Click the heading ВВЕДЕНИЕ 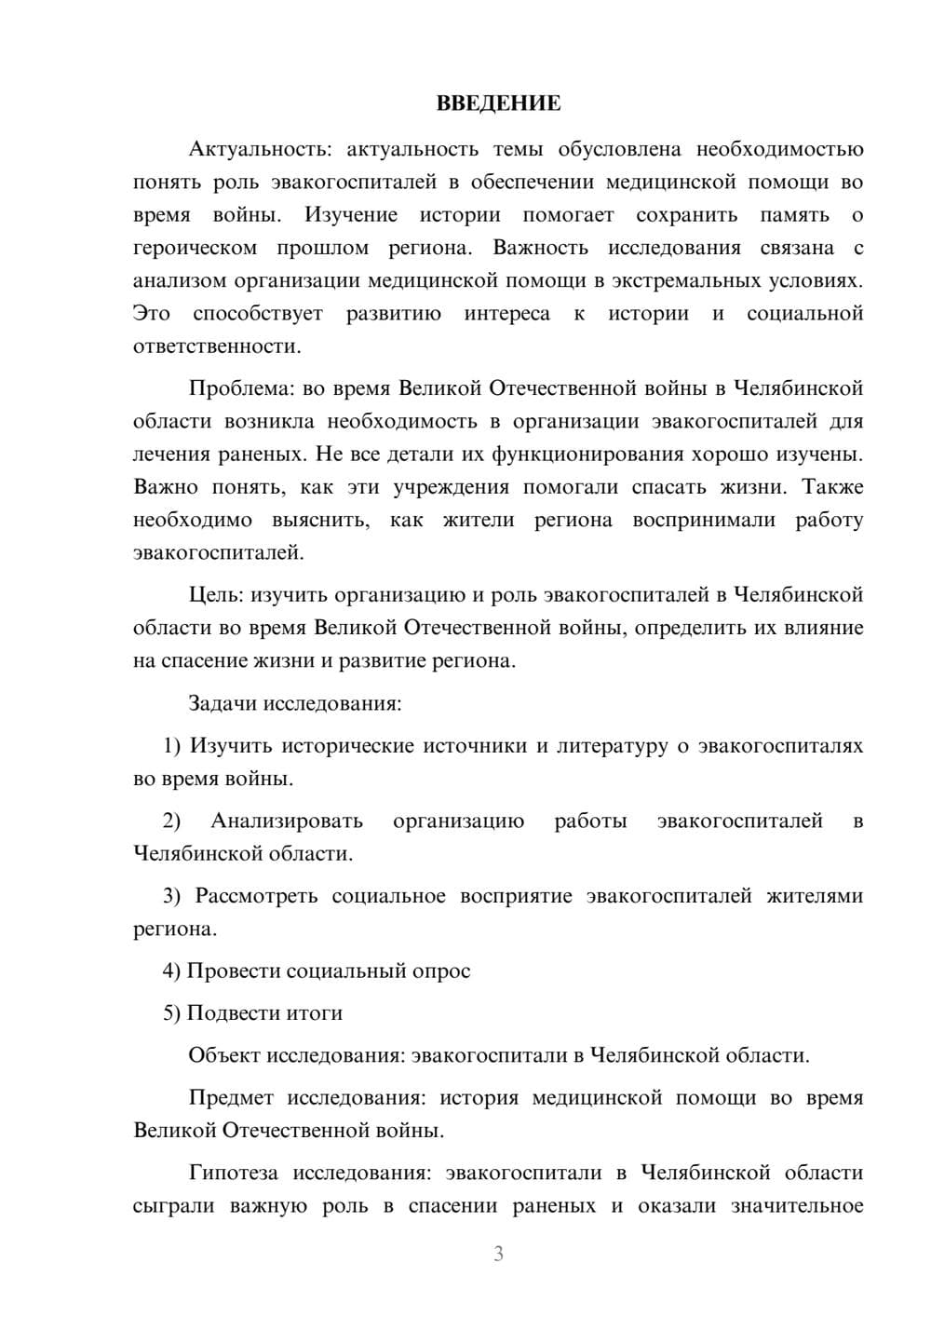pyautogui.click(x=498, y=103)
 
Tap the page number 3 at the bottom pyautogui.click(x=498, y=1254)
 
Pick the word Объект pyautogui.click(x=224, y=1055)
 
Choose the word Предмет pyautogui.click(x=232, y=1097)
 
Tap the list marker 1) pyautogui.click(x=172, y=745)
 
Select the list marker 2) pyautogui.click(x=172, y=821)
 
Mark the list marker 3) pyautogui.click(x=172, y=896)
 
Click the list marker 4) pyautogui.click(x=172, y=971)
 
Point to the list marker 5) pyautogui.click(x=172, y=1012)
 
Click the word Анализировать pyautogui.click(x=287, y=821)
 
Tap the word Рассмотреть pyautogui.click(x=256, y=896)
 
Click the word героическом pyautogui.click(x=195, y=248)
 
